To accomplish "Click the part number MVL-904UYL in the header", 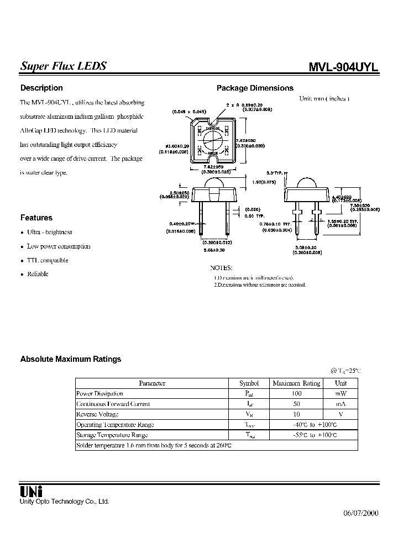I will [x=343, y=66].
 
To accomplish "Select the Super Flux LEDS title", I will [x=64, y=66].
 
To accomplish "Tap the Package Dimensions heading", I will [x=255, y=88].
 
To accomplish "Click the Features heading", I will [x=36, y=218].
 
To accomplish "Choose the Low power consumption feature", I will [x=59, y=246].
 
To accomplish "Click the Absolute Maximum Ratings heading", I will [x=71, y=359].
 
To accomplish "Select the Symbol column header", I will [x=249, y=383].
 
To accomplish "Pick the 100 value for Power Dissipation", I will [x=296, y=393].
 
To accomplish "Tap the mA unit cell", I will [x=341, y=404].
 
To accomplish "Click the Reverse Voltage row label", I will [x=97, y=414].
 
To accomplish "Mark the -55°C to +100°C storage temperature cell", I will [x=296, y=435].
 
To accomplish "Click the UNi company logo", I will [x=32, y=491].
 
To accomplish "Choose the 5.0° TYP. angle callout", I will [x=274, y=173].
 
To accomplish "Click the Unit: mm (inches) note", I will [x=324, y=98].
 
